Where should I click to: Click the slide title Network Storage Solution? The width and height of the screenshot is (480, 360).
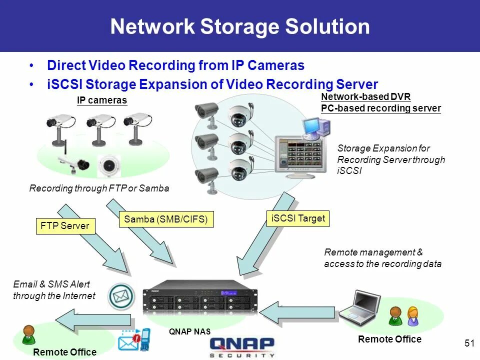[x=240, y=26]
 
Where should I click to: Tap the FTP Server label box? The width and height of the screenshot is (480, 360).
[x=65, y=226]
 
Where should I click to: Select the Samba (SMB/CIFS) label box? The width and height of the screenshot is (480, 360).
[x=166, y=219]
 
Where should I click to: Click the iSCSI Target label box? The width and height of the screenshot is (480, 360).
[x=298, y=218]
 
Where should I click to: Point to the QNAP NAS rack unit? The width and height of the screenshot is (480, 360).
[x=199, y=300]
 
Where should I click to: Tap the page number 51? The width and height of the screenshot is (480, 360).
[x=469, y=343]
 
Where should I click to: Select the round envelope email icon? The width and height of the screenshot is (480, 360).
[x=122, y=296]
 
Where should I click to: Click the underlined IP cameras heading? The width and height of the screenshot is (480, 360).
[x=102, y=100]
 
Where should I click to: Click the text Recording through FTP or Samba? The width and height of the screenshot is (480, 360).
[x=99, y=188]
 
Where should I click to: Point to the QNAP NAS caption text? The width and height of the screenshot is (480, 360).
[x=189, y=331]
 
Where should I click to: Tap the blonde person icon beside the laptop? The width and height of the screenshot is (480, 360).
[x=413, y=315]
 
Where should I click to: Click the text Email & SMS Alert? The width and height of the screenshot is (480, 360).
[x=51, y=284]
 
